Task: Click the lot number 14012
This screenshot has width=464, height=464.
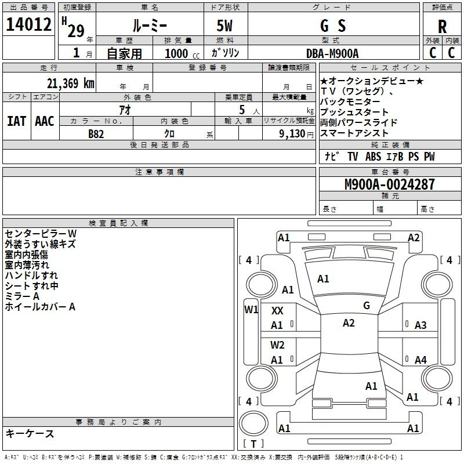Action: coord(28,24)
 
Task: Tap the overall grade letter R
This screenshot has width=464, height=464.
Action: coord(442,27)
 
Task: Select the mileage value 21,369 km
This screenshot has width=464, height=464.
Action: coord(71,84)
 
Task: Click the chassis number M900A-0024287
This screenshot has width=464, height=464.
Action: coord(390,184)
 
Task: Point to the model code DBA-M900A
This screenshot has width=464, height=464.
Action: coord(332,53)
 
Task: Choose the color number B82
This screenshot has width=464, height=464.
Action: coord(96,134)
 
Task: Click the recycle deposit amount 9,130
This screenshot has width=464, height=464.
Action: coord(292,134)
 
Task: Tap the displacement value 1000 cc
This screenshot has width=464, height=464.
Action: coord(182,53)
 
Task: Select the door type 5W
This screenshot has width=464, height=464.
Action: coord(224,26)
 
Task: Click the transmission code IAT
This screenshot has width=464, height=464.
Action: coord(17,121)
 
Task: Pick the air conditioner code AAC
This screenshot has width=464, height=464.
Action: coord(45,121)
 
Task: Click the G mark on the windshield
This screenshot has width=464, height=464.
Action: coord(367,306)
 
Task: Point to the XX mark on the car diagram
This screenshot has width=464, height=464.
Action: coord(277,311)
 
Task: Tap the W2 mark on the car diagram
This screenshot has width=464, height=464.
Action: coord(277,345)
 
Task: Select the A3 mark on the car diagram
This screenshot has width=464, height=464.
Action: coord(420,325)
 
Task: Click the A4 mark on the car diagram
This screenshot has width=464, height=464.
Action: coord(420,360)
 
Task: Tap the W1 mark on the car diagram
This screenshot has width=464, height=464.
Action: coord(251,310)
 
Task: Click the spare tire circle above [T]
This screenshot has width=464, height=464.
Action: coord(253,423)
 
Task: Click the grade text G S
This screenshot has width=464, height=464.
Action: coord(333,26)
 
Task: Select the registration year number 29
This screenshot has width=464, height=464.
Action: coord(76,31)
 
